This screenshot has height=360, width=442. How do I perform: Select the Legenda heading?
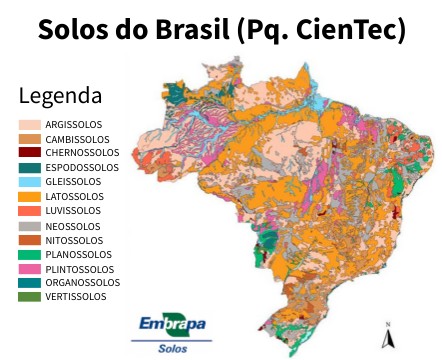click(x=60, y=97)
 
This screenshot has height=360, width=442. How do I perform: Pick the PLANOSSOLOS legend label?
click(x=79, y=254)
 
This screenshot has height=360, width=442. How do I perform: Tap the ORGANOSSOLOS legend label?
click(x=83, y=283)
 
